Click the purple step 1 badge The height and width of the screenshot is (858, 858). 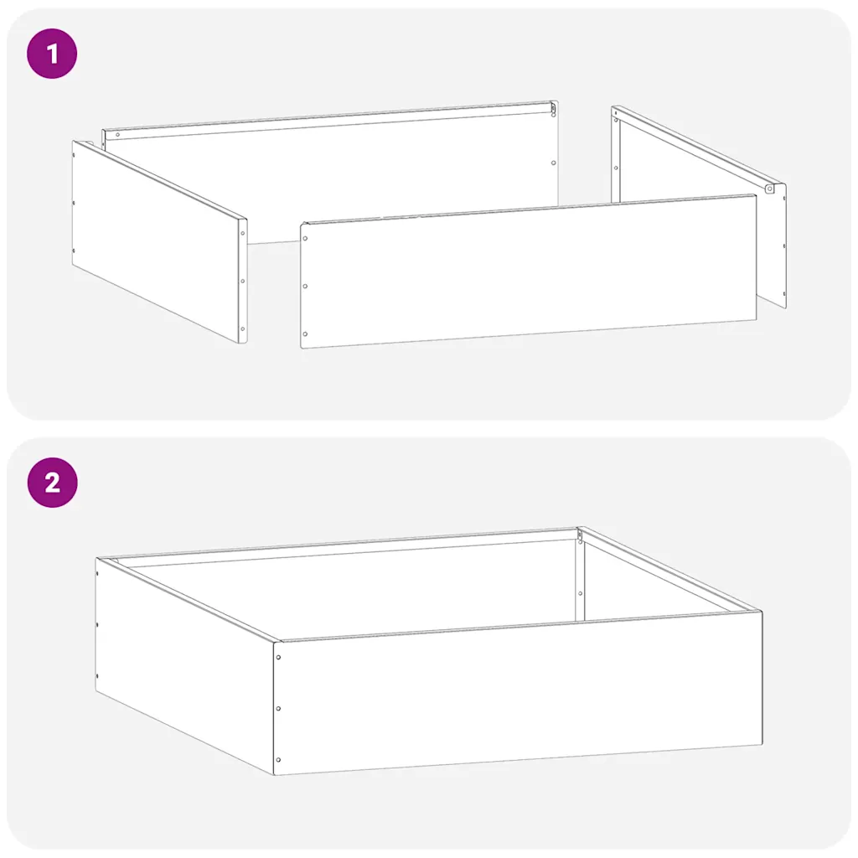click(52, 54)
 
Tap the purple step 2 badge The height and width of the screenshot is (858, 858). click(52, 483)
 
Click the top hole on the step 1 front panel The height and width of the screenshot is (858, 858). click(305, 239)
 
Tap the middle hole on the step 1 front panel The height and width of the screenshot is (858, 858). click(305, 287)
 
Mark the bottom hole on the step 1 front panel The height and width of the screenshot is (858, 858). click(305, 333)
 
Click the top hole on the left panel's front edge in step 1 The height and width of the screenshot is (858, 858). click(243, 233)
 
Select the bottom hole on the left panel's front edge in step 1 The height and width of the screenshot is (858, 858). click(243, 328)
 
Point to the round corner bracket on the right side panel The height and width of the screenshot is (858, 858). click(770, 189)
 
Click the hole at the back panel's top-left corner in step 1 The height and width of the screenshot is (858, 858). click(117, 135)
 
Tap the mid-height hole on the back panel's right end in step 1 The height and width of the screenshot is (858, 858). click(553, 163)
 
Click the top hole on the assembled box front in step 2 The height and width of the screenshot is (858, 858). click(278, 657)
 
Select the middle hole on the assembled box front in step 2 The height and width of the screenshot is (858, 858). click(278, 709)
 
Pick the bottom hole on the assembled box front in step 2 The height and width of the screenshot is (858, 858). click(278, 760)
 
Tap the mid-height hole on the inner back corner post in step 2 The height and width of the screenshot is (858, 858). click(580, 594)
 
